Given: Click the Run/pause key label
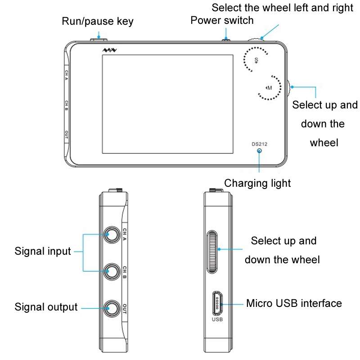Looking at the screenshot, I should (98, 21).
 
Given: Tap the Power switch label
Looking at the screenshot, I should (222, 20).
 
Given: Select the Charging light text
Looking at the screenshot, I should (257, 183).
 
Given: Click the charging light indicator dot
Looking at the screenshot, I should (259, 151).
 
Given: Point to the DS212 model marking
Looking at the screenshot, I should (259, 144).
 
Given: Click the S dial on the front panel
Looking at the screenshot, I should (256, 59).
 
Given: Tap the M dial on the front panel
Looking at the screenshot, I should (269, 87).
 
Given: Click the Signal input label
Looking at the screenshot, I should (43, 251).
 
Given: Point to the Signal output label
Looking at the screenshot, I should (46, 307).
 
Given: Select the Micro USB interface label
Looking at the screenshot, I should (294, 303).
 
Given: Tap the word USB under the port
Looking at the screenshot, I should (217, 320).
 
